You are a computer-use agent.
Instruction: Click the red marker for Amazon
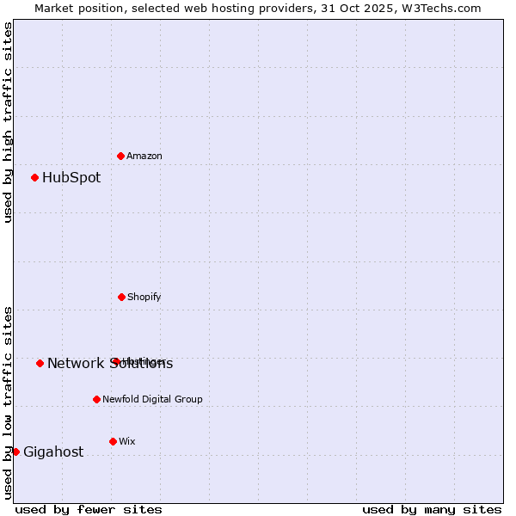[120, 156]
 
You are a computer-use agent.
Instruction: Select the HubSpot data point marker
[34, 178]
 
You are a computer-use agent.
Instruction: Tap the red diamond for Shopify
[121, 297]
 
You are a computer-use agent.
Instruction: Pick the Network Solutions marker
[40, 363]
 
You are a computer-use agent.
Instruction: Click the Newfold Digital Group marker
[96, 399]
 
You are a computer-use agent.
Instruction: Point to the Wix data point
[113, 441]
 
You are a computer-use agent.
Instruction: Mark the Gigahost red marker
[15, 451]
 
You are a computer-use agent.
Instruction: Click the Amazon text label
[144, 156]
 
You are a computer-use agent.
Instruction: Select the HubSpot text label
[71, 178]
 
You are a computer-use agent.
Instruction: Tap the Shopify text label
[144, 297]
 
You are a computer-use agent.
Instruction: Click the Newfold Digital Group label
[153, 399]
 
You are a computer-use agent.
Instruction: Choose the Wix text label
[127, 441]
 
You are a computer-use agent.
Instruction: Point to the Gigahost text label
[53, 451]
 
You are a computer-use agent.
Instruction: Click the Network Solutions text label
[110, 363]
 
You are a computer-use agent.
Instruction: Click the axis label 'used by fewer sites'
[89, 509]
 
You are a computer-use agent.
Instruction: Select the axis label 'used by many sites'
[432, 509]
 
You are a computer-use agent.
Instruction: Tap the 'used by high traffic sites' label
[8, 122]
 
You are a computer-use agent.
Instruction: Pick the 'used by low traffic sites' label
[8, 402]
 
